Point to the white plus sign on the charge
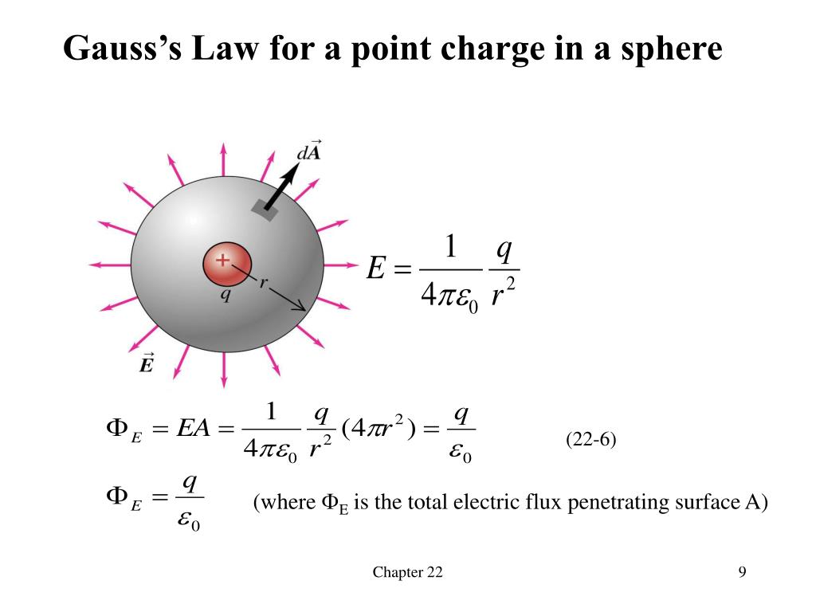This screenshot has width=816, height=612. [x=222, y=259]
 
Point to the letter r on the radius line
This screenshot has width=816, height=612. [x=261, y=283]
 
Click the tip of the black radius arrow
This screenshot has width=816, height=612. [x=304, y=308]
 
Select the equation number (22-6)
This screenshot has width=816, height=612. [x=591, y=440]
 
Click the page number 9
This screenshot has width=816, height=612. [x=742, y=572]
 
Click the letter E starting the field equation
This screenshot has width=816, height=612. [x=375, y=269]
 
